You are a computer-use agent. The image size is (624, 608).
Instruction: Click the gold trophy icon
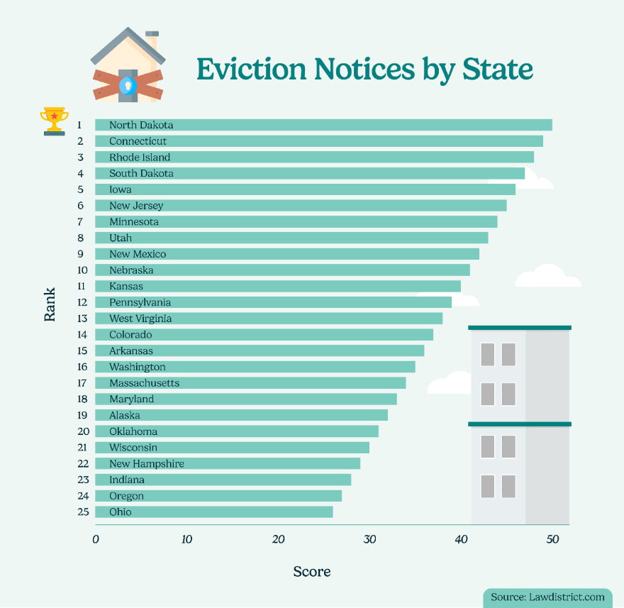55,121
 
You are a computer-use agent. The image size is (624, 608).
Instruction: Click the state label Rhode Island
140,157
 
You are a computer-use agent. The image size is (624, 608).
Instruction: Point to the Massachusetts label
144,383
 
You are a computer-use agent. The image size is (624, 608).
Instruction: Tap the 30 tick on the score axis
369,540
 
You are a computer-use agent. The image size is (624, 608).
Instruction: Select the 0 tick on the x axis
96,540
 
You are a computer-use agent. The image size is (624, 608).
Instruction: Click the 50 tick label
552,540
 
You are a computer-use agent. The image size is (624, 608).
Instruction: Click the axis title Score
312,571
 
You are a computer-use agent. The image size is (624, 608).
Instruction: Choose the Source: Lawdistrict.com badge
548,597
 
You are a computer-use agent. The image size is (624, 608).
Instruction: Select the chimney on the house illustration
152,40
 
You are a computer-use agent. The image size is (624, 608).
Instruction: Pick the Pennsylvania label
140,303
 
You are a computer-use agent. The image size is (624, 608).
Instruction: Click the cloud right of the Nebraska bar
547,277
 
